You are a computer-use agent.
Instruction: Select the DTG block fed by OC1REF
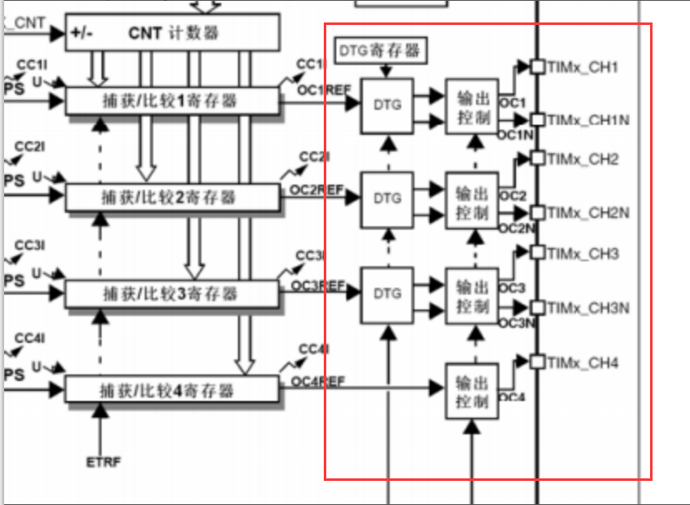point(386,106)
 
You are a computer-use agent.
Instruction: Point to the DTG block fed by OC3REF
point(386,294)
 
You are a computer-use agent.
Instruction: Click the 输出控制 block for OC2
point(471,201)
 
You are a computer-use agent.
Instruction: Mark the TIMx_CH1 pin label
point(583,66)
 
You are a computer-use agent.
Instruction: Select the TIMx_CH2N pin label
point(588,213)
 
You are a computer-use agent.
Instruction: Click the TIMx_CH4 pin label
point(583,362)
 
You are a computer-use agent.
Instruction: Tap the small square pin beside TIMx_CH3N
point(537,308)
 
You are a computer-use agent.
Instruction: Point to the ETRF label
point(103,461)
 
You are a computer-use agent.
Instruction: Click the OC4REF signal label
point(317,381)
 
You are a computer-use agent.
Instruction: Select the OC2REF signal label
point(317,190)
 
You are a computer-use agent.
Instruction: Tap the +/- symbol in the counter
point(83,33)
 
